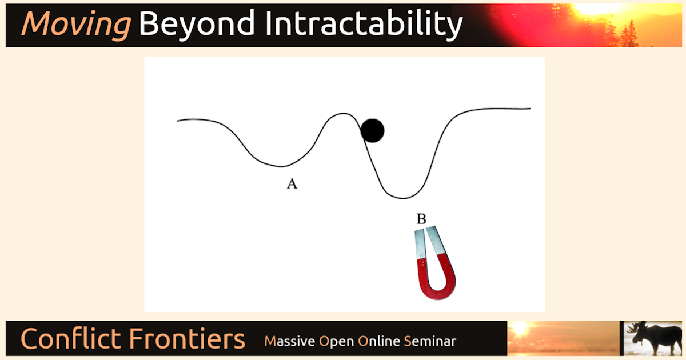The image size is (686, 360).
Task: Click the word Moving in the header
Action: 77,25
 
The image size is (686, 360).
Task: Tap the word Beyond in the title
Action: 197,25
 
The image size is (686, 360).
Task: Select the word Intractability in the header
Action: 364,25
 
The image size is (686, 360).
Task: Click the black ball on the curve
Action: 372,131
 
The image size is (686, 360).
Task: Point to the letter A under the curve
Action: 292,184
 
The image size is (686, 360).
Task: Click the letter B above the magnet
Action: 421,219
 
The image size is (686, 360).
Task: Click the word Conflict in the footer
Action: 71,338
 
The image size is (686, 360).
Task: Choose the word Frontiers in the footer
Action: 187,338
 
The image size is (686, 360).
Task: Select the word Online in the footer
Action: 379,341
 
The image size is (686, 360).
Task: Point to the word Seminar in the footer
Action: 430,341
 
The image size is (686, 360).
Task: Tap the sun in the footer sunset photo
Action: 520,329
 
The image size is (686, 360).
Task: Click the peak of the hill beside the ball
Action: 343,114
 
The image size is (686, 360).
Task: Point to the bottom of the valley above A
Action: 281,166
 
